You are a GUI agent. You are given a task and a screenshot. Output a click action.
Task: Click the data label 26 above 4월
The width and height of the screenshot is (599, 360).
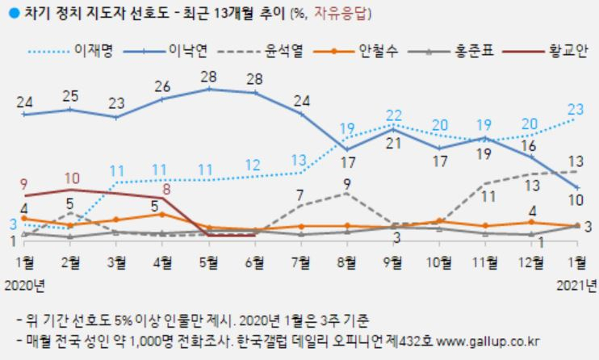[161, 86]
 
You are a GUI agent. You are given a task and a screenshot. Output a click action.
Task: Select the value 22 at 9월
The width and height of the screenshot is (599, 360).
[395, 115]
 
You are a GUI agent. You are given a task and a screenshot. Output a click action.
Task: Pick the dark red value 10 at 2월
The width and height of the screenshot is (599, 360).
[71, 178]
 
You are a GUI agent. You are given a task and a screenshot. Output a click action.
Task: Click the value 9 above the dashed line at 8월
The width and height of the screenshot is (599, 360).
[347, 182]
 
